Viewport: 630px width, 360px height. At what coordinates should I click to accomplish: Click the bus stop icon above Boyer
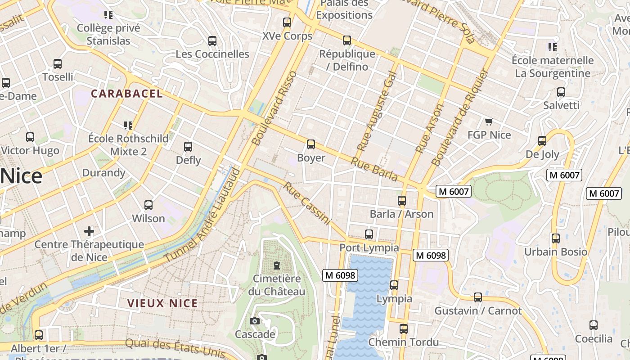[x=310, y=144]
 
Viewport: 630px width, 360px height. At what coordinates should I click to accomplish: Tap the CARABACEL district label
[x=127, y=94]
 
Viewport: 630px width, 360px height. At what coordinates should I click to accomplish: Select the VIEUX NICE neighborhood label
[x=162, y=303]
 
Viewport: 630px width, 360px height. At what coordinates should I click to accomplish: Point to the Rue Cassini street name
[x=307, y=203]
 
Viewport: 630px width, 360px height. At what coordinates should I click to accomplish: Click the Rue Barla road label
[x=374, y=169]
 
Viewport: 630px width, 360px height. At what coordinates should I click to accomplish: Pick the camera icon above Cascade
[x=255, y=321]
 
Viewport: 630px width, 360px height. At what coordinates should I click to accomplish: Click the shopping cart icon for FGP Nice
[x=489, y=121]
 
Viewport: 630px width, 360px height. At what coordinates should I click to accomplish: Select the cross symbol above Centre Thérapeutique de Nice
[x=89, y=231]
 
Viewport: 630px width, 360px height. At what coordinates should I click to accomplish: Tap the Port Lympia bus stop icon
[x=369, y=234]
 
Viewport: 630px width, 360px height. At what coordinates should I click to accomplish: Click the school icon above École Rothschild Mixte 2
[x=128, y=125]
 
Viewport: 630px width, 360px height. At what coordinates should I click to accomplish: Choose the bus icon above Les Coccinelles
[x=212, y=41]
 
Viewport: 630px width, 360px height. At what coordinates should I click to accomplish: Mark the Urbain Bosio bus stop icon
[x=556, y=238]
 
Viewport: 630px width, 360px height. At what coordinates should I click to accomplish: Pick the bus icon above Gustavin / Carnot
[x=477, y=297]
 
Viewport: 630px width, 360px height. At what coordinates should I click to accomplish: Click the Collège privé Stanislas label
[x=108, y=34]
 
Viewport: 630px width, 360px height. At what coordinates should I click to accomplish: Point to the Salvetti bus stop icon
[x=561, y=92]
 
